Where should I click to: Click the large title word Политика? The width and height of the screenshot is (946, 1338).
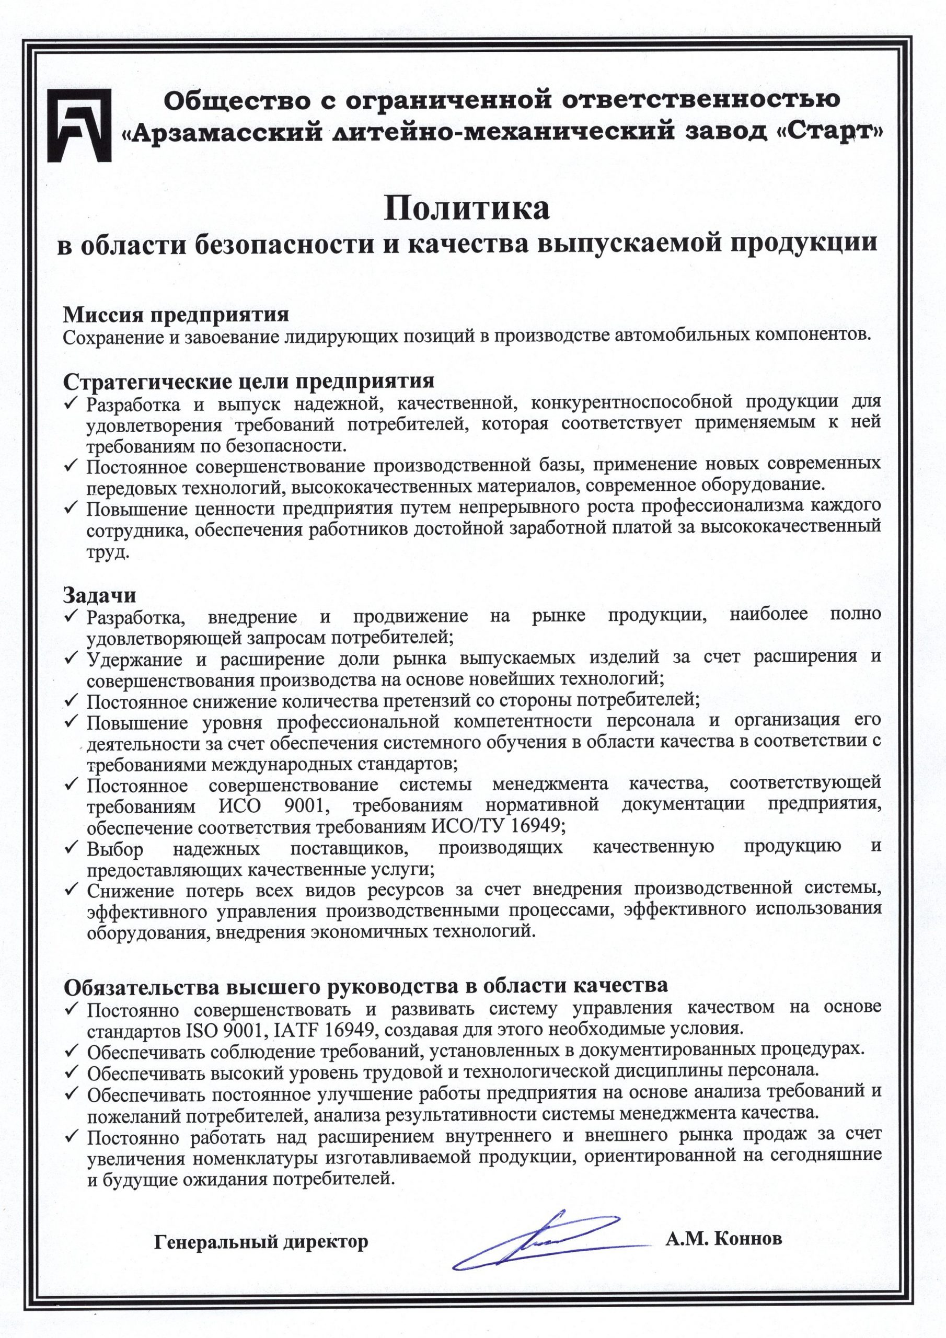point(466,209)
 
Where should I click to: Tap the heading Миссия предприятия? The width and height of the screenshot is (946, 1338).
point(176,315)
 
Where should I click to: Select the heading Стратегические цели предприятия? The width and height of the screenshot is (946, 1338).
point(248,381)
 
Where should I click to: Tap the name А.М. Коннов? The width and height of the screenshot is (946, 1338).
point(723,1205)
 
